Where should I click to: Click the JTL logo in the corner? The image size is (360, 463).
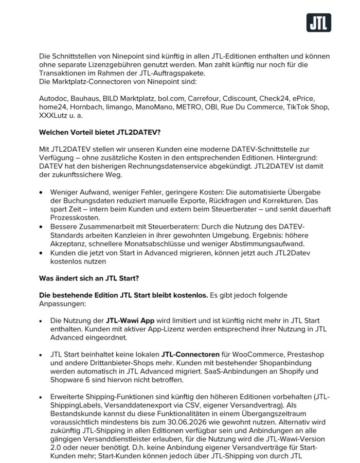pos(319,23)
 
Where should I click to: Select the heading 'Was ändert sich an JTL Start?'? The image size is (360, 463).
pos(91,278)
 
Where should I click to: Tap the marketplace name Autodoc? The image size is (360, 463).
pos(53,98)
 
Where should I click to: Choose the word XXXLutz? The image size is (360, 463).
pos(54,117)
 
